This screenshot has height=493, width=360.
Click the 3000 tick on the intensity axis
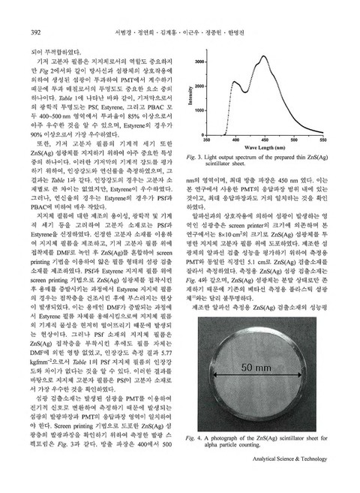[199, 60]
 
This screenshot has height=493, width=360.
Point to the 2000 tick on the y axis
[199, 85]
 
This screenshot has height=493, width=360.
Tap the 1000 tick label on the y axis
[199, 110]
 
